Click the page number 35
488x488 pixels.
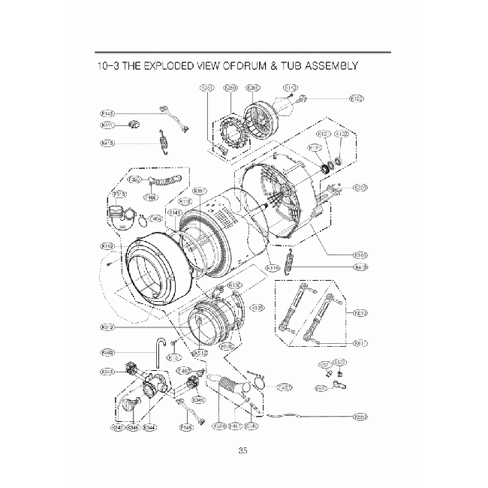[x=242, y=450]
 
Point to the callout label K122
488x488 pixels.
[x=342, y=134]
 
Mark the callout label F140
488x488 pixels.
[x=107, y=113]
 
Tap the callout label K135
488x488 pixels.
[x=258, y=308]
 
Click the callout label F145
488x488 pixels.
[x=187, y=427]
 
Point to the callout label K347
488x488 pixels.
[x=118, y=427]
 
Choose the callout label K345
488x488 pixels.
[x=198, y=400]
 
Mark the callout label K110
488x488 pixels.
[x=186, y=202]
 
